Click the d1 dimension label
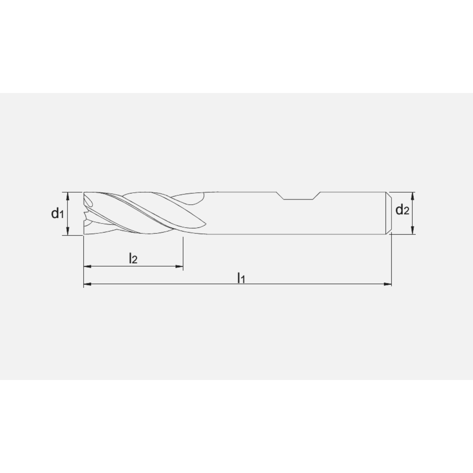pos(57,214)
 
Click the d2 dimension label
pos(402,210)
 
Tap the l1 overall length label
pos(241,278)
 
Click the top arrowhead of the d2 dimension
pos(413,195)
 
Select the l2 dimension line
pos(142,267)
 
